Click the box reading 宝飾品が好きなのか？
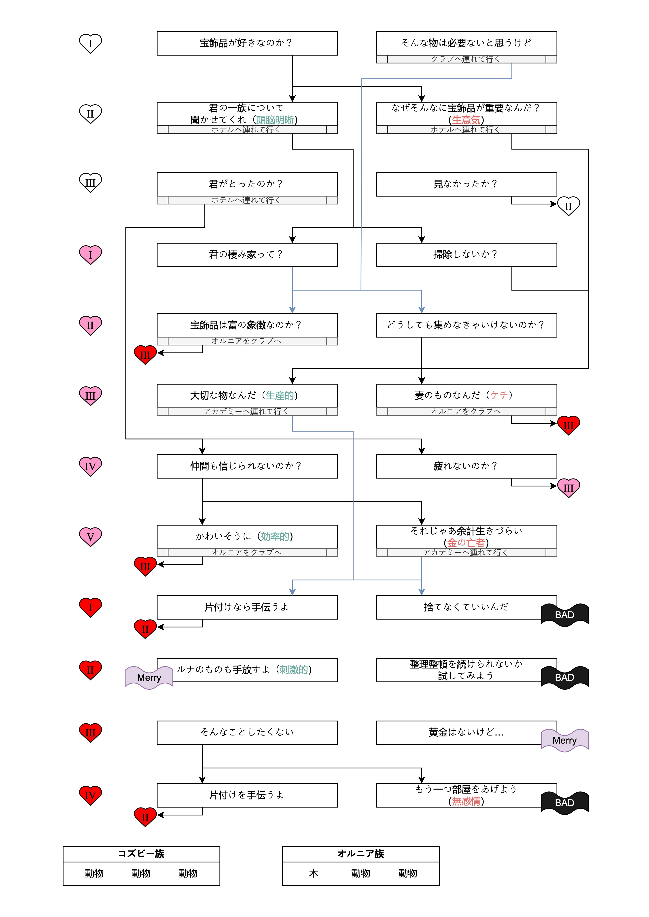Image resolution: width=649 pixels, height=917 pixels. tap(247, 43)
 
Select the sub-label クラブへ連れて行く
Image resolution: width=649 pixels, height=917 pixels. tap(466, 59)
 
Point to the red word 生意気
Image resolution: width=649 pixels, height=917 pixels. tap(466, 120)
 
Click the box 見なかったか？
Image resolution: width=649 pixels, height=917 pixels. tap(466, 184)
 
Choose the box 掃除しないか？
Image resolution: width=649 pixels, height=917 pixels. tap(466, 255)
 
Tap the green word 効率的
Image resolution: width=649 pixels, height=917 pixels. tap(275, 536)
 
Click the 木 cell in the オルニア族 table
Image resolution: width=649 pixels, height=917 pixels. tap(314, 873)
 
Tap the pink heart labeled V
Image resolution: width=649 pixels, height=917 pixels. tap(90, 537)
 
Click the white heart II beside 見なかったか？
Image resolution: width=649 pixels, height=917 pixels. tap(568, 206)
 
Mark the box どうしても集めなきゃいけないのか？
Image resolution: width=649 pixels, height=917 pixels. tap(466, 325)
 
